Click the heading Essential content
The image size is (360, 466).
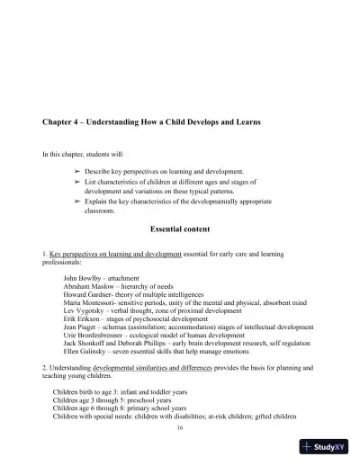pos(179,229)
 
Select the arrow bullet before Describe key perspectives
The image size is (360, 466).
pos(77,170)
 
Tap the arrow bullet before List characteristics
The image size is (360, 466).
pos(77,182)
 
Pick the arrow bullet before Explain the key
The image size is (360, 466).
pos(77,202)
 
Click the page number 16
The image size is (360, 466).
pos(180,426)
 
